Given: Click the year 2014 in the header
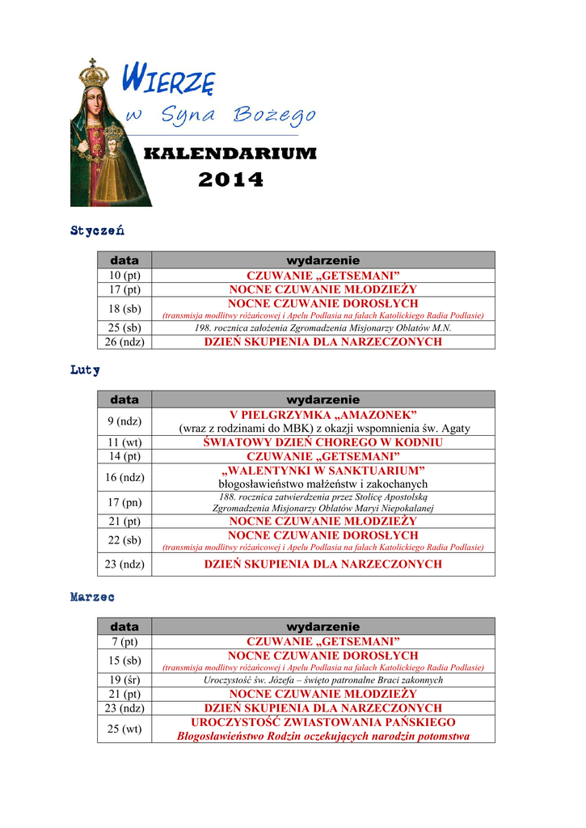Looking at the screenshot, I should click(x=230, y=180).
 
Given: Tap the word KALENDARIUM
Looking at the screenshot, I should click(x=230, y=154).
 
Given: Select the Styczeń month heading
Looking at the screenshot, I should click(x=97, y=231).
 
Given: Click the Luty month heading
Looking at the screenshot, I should click(x=85, y=370).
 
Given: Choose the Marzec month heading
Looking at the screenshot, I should click(x=92, y=597).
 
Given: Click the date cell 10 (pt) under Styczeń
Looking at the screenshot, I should click(x=124, y=276).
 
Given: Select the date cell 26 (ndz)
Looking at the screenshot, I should click(x=124, y=342).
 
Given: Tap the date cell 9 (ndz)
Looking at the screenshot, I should click(x=124, y=421).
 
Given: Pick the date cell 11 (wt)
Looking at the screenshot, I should click(x=124, y=442).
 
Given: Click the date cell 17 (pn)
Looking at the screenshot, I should click(x=124, y=502).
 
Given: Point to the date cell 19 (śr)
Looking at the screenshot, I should click(x=124, y=680).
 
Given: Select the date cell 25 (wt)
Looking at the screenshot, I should click(x=124, y=729).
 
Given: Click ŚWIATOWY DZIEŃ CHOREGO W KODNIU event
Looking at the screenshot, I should click(x=323, y=442).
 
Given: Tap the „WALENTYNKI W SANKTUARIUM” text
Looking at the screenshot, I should click(x=323, y=471).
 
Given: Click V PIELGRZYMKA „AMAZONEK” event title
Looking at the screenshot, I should click(x=323, y=414).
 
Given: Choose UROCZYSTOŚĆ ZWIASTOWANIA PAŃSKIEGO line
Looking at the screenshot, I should click(x=323, y=722).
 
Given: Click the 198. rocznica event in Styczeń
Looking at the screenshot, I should click(x=323, y=328).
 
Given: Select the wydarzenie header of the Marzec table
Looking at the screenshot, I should click(x=323, y=627).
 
